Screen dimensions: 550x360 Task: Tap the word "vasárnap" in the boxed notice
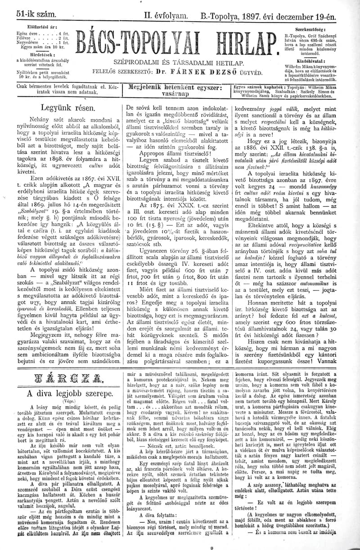coord(176,95)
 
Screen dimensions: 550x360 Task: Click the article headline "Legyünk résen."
coord(67,107)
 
